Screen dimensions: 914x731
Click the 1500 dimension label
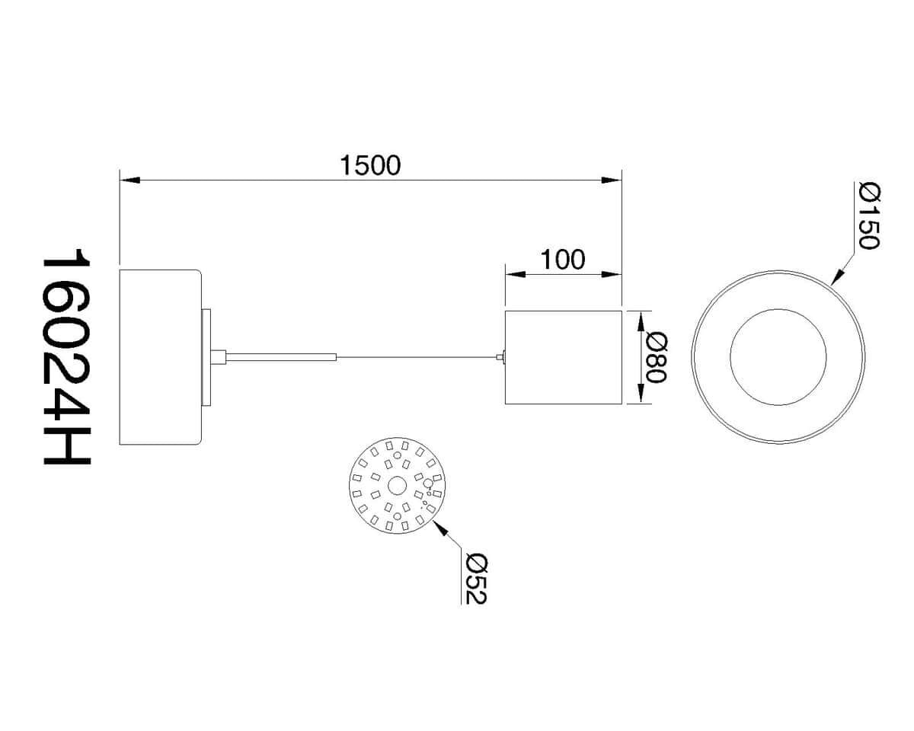(370, 165)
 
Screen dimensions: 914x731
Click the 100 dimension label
(562, 260)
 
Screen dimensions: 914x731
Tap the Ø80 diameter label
(657, 358)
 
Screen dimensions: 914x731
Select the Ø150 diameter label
(869, 215)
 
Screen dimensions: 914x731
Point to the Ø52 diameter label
(477, 579)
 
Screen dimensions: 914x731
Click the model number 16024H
(67, 357)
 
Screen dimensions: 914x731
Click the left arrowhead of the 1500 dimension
(129, 180)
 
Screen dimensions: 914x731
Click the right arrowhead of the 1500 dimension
(612, 180)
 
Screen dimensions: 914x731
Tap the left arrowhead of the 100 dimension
(516, 274)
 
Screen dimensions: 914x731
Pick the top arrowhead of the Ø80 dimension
(641, 321)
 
